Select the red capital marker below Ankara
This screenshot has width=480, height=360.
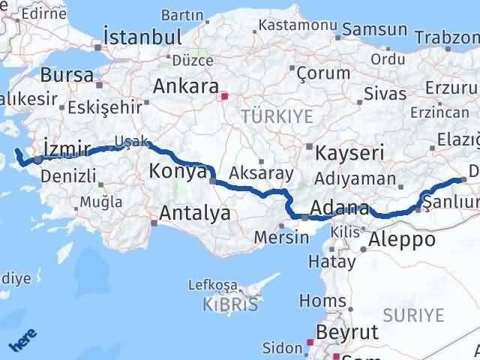[222, 96]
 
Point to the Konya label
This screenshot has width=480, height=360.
[177, 171]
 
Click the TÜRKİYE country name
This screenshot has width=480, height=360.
[265, 115]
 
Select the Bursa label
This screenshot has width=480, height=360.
[67, 75]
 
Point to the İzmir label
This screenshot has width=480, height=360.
[67, 148]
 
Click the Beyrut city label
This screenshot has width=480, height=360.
[347, 331]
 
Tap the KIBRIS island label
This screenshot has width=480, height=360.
[230, 304]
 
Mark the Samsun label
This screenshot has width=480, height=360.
[375, 31]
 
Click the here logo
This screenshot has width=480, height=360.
[22, 343]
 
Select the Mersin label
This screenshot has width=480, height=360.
[282, 238]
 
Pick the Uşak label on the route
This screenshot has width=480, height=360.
[130, 140]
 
